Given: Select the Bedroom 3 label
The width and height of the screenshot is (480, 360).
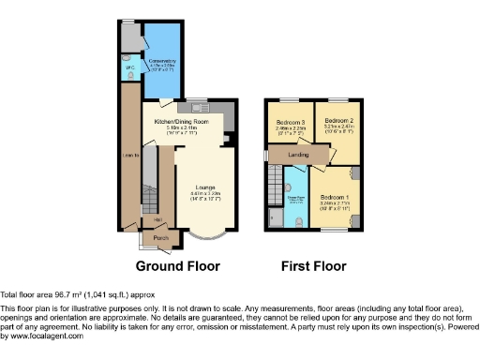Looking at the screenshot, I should point(290,122).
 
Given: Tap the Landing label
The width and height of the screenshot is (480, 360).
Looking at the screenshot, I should point(299,156).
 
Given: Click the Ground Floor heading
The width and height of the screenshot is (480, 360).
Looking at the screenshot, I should point(183,266).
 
